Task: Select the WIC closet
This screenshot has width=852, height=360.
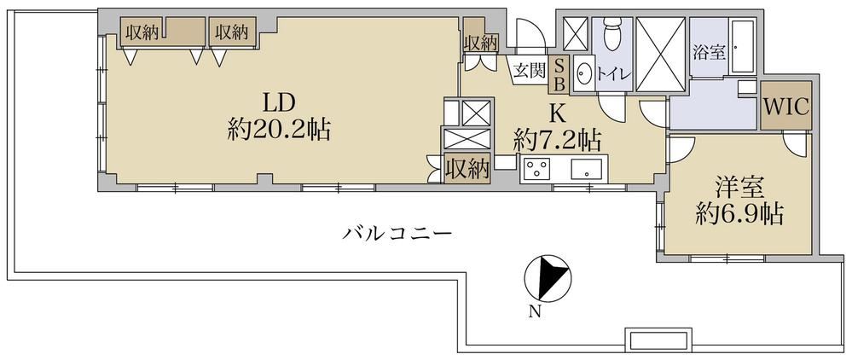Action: [786, 106]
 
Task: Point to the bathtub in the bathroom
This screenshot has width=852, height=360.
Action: [742, 47]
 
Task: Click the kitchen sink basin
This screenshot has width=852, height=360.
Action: [587, 168]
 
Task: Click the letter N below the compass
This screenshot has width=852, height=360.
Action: [536, 311]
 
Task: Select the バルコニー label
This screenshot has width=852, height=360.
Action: [397, 235]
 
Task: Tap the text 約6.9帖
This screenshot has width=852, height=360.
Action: [739, 216]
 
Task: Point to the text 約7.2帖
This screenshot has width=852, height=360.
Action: [557, 142]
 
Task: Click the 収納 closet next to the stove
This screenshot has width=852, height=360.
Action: [468, 168]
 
